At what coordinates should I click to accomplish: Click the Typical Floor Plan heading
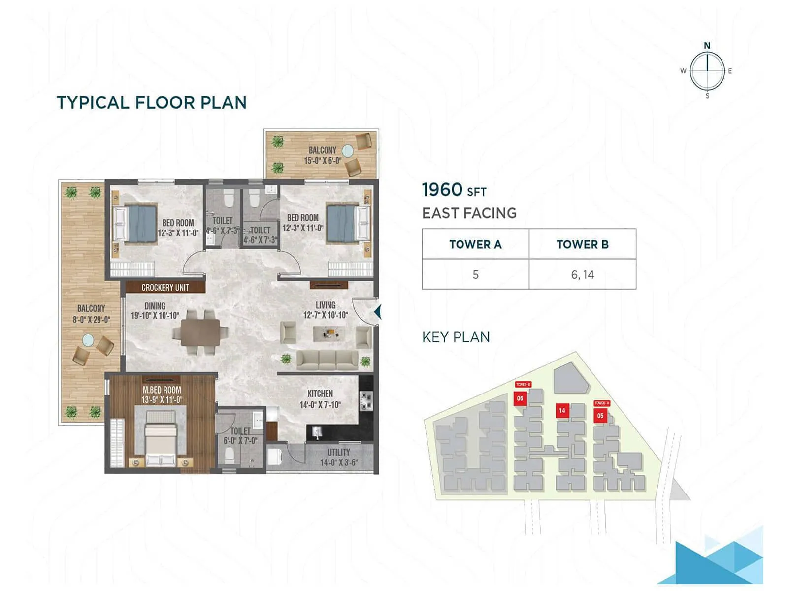pyautogui.click(x=151, y=102)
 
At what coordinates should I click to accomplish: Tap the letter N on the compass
pyautogui.click(x=707, y=46)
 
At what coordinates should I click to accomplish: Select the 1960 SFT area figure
pyautogui.click(x=454, y=190)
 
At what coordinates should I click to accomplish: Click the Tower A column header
pyautogui.click(x=475, y=244)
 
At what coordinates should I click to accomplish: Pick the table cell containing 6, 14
pyautogui.click(x=582, y=275)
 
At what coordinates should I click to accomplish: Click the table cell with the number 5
pyautogui.click(x=475, y=275)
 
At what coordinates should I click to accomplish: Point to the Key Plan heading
pyautogui.click(x=456, y=337)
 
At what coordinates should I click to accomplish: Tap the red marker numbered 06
pyautogui.click(x=520, y=398)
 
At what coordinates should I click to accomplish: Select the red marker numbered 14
pyautogui.click(x=562, y=410)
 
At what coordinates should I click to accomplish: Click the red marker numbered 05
pyautogui.click(x=600, y=416)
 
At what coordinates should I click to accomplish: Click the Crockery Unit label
pyautogui.click(x=165, y=287)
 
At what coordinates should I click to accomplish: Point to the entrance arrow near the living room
pyautogui.click(x=377, y=312)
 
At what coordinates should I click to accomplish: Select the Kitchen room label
pyautogui.click(x=320, y=399)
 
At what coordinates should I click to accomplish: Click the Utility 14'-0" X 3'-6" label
pyautogui.click(x=338, y=457)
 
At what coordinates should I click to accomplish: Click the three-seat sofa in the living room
pyautogui.click(x=327, y=360)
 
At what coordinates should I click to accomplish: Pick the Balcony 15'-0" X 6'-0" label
pyautogui.click(x=322, y=155)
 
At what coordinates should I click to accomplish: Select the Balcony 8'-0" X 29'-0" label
pyautogui.click(x=91, y=314)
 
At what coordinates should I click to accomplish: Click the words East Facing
pyautogui.click(x=469, y=213)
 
